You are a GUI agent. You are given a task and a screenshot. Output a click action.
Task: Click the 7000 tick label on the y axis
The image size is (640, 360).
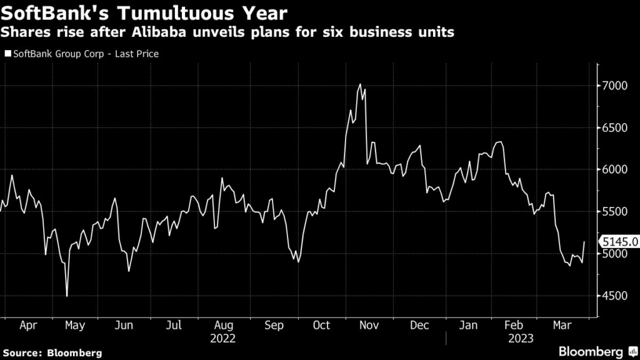[x=614, y=86]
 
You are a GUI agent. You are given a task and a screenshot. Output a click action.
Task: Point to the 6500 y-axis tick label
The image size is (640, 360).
[x=614, y=127]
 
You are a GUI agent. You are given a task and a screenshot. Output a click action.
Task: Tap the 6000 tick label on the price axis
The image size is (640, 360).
[x=614, y=170]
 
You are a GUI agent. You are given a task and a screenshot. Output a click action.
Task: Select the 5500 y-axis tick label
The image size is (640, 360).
[x=614, y=212]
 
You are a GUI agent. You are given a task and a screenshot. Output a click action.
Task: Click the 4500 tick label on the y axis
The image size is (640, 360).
[x=614, y=296]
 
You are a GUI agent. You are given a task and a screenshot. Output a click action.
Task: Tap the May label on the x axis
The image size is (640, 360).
[x=74, y=326]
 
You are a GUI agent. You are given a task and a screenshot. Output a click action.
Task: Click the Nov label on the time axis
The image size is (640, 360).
[x=371, y=326]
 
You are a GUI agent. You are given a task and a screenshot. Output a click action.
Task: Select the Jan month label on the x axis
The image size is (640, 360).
[x=468, y=326]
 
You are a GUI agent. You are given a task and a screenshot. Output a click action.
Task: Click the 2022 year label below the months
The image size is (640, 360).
[x=223, y=339]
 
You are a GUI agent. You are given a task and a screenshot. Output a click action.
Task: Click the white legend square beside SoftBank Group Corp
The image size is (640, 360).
[x=7, y=54]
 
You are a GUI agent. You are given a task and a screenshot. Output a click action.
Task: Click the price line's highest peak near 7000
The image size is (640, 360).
[x=360, y=84]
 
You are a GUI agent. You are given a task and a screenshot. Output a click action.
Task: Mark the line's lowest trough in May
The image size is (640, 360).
[x=66, y=296]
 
